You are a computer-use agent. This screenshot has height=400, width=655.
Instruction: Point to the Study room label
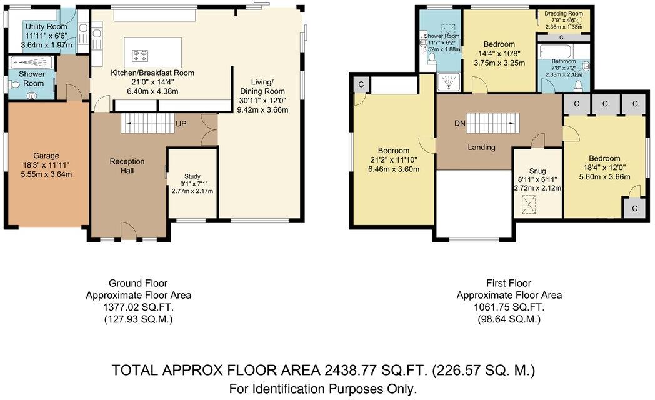192,176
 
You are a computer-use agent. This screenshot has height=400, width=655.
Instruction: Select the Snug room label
537,171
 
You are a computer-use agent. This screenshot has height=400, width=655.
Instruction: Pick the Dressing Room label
564,13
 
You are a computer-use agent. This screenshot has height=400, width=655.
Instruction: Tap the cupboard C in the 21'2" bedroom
361,84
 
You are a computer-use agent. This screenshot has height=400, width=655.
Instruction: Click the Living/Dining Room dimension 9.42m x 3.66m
262,110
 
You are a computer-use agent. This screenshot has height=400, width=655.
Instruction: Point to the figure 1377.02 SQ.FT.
138,307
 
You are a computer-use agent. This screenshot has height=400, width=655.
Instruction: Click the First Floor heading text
509,283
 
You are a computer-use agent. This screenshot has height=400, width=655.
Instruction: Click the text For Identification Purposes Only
322,389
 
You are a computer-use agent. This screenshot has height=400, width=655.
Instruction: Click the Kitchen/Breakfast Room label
152,73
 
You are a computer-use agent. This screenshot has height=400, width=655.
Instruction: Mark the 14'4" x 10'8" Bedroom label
499,44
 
